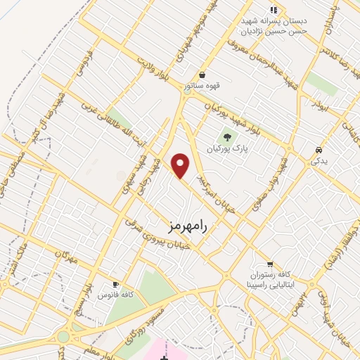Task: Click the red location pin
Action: coord(181,165)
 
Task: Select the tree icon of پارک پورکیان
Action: coord(226,136)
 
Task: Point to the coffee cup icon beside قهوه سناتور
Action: coord(202,75)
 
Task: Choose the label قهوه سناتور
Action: coord(199,86)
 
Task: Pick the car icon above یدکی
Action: coord(319,150)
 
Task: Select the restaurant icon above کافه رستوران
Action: coord(270,264)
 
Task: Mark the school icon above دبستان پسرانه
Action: coord(274,10)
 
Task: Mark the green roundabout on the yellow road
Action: coord(63,337)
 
